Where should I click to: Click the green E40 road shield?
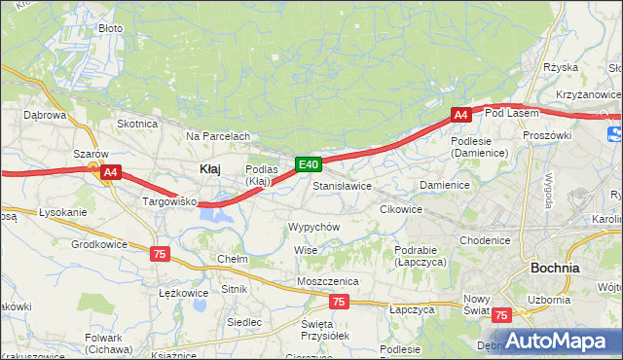click(x=308, y=165)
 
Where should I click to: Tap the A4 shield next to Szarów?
click(x=110, y=172)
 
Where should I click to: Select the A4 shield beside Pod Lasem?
click(x=460, y=115)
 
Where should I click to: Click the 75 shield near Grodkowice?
click(x=160, y=253)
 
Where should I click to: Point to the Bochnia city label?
click(x=555, y=267)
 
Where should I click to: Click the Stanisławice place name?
click(x=342, y=185)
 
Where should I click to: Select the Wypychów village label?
click(x=313, y=226)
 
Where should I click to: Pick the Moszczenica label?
click(x=328, y=281)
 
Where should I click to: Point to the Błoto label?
click(x=111, y=29)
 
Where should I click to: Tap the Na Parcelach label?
click(x=218, y=136)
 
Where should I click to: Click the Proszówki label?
click(x=546, y=135)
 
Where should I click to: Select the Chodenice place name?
click(x=485, y=240)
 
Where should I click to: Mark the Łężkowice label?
click(x=183, y=292)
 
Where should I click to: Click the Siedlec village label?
click(x=243, y=321)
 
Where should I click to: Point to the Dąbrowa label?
click(x=44, y=115)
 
